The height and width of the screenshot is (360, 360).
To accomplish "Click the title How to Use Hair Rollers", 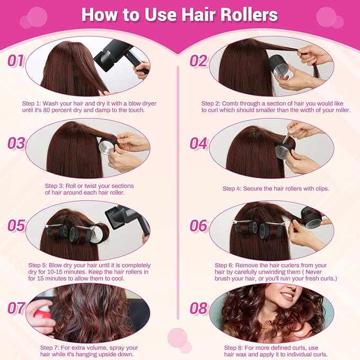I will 180,15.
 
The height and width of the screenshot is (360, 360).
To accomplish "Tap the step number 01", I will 16,60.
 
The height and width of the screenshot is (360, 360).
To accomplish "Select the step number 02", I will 198,60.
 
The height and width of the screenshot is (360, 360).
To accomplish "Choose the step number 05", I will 16,226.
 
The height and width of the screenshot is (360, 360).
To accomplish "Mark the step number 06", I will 198,226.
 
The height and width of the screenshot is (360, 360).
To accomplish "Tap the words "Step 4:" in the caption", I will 233,189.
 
